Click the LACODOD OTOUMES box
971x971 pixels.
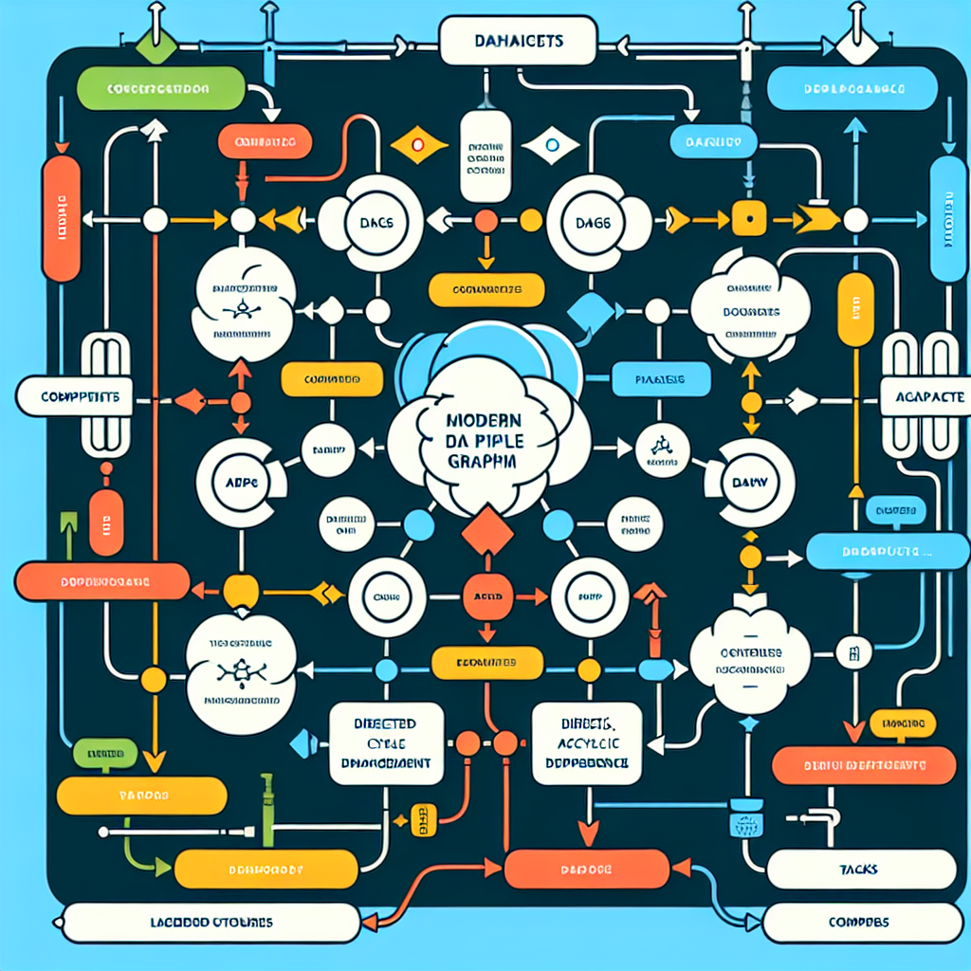point(211,922)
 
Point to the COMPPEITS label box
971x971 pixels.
point(66,398)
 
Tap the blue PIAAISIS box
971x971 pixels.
point(661,379)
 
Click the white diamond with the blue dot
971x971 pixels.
point(548,146)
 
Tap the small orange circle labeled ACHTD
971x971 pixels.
point(486,598)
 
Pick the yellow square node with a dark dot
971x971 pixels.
point(747,218)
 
